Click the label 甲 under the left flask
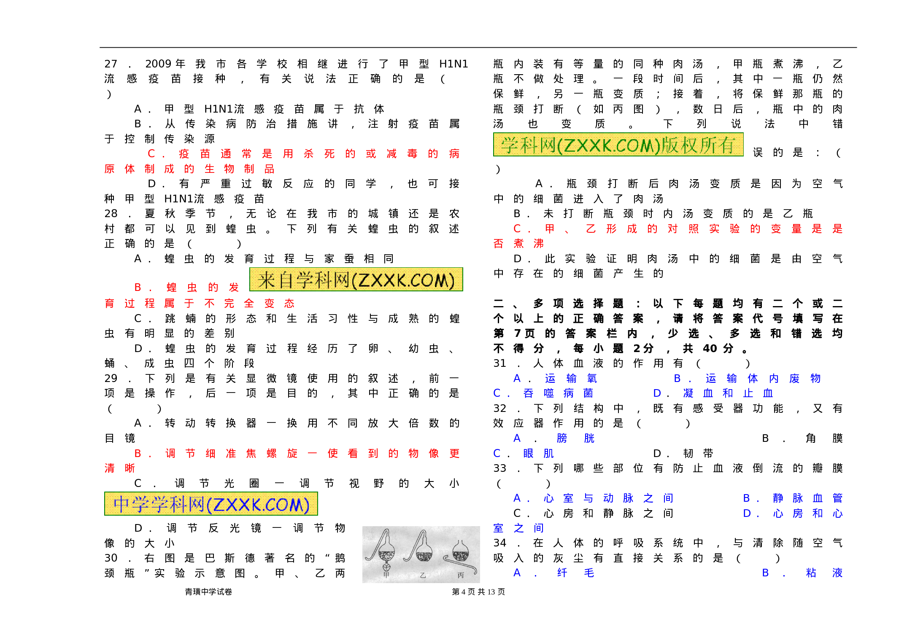[x=386, y=575]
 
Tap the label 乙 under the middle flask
[x=423, y=575]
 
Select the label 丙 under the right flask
[x=461, y=575]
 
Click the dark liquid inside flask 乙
[x=424, y=556]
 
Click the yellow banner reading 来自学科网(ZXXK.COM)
[x=356, y=280]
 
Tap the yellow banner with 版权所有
[x=618, y=145]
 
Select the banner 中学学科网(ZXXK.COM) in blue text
[x=211, y=504]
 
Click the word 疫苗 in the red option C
[x=194, y=153]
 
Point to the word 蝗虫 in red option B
[x=182, y=288]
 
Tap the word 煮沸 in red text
[x=529, y=244]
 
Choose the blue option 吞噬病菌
[x=558, y=393]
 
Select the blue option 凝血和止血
[x=728, y=393]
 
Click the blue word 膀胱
[x=575, y=438]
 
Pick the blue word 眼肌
[x=538, y=454]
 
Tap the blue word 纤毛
[x=575, y=573]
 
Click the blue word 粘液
[x=824, y=573]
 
